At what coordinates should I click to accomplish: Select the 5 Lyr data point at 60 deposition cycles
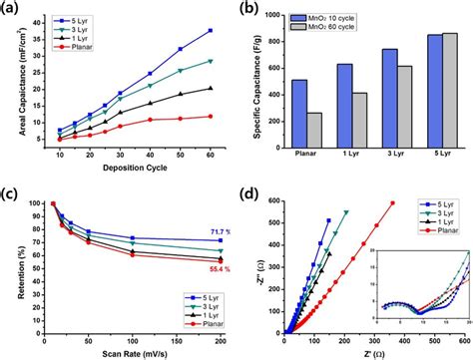coord(211,31)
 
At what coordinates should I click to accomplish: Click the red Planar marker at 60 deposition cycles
coord(211,117)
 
